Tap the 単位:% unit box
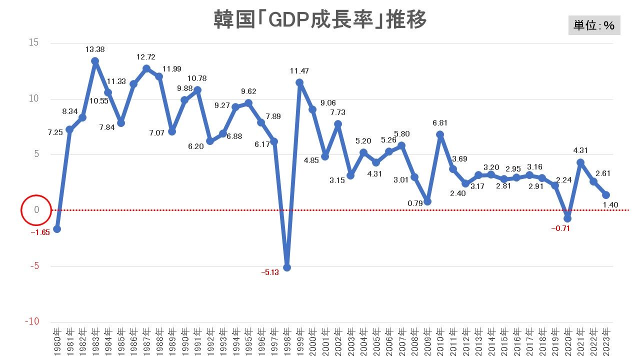tap(594, 25)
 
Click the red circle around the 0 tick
tap(36, 210)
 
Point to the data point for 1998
tap(287, 267)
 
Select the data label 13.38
tap(95, 49)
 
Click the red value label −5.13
tap(269, 272)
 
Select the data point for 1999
tap(299, 82)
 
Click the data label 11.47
tap(300, 71)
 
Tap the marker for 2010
tap(440, 134)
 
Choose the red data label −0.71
tap(561, 228)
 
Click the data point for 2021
tap(580, 162)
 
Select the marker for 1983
tap(95, 61)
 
